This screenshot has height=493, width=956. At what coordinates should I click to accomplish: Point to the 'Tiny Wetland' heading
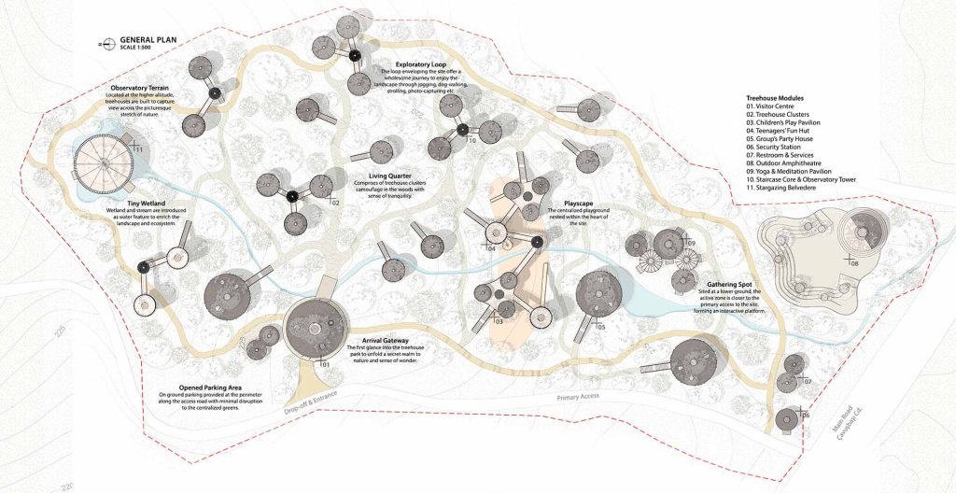(148, 202)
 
